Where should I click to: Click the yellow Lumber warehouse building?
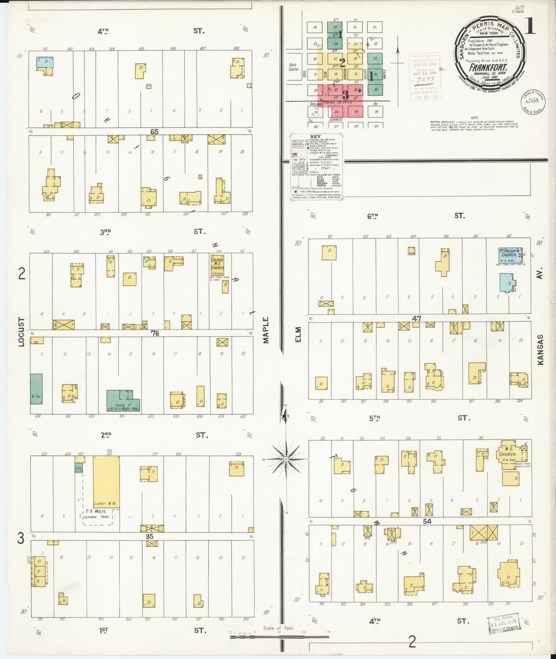coord(106,481)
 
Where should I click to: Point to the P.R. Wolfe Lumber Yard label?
coord(97,514)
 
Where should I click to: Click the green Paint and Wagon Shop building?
coord(122,401)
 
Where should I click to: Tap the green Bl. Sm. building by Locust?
coord(36,388)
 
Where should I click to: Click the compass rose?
coord(286,459)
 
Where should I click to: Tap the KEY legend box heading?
coord(315,136)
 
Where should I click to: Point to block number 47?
coord(417,318)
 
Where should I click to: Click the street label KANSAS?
coord(540,349)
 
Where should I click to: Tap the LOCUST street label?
coord(22,331)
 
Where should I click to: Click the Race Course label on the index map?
coord(293,67)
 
